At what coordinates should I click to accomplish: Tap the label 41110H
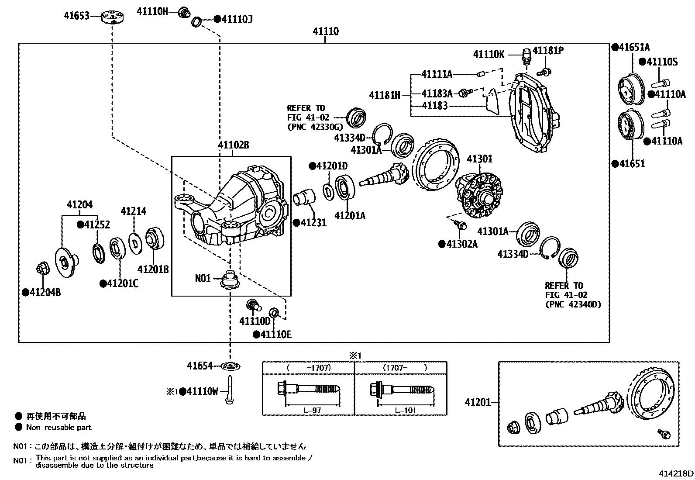coord(152,12)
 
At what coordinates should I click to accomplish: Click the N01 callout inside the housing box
coord(203,278)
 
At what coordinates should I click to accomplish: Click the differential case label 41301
coord(479,159)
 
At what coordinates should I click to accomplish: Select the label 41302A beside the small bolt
coord(461,244)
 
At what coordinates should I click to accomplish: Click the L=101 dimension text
coord(405,410)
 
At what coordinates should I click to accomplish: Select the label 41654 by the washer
coord(200,366)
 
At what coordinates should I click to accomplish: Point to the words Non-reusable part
coord(59,427)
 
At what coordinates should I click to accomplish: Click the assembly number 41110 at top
coord(325,31)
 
